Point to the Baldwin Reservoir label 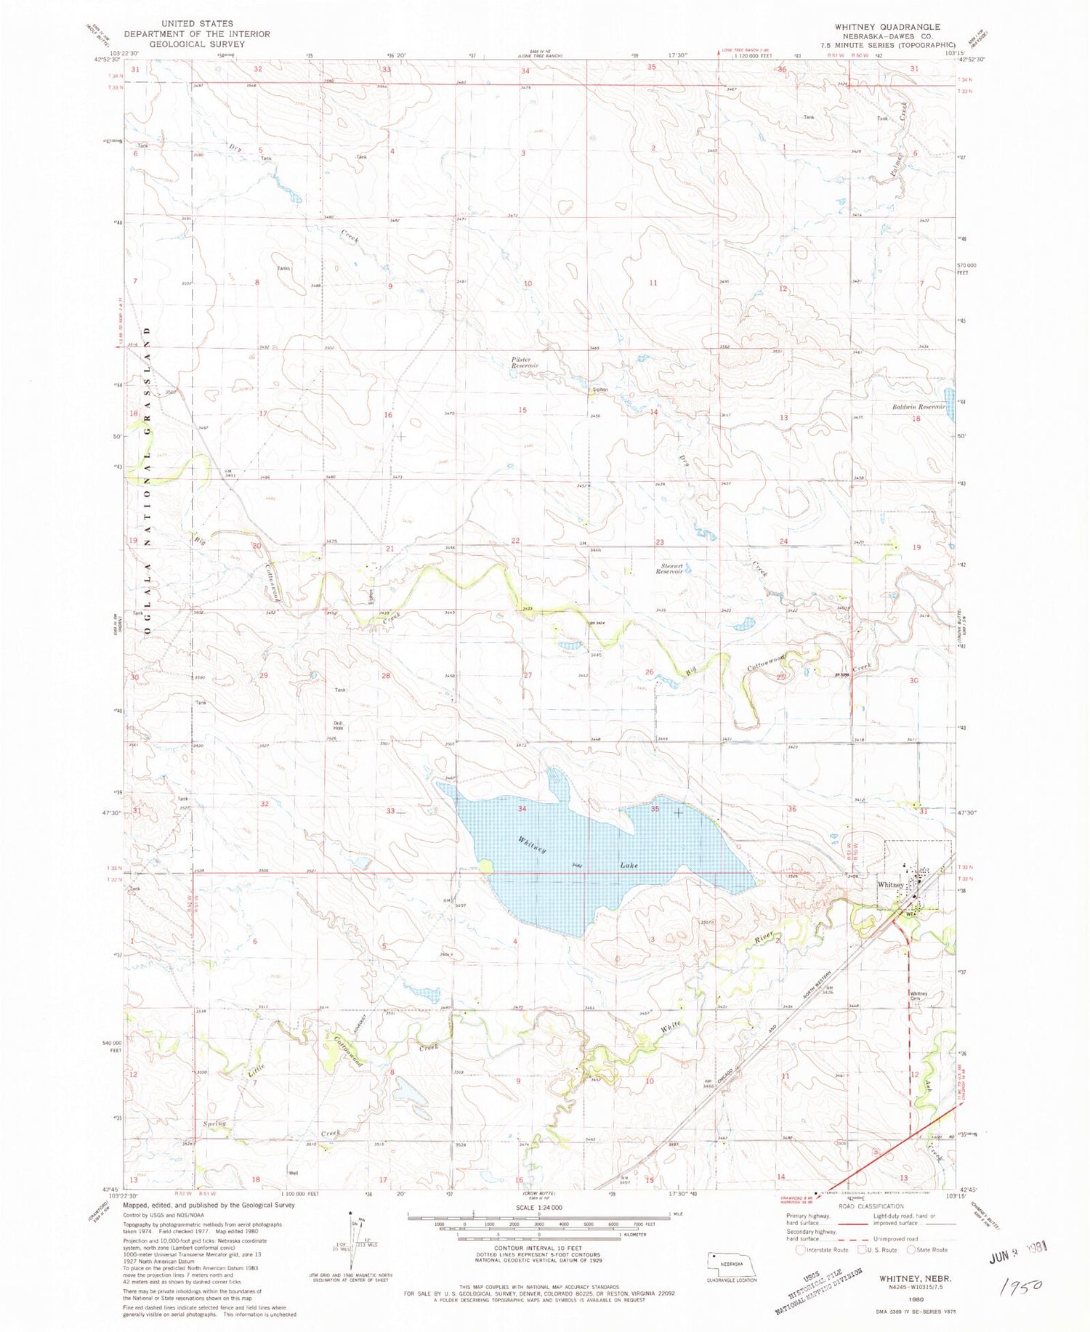click(x=917, y=408)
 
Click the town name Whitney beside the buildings click(x=890, y=884)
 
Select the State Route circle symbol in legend click(x=906, y=1250)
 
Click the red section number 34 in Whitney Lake click(x=522, y=808)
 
